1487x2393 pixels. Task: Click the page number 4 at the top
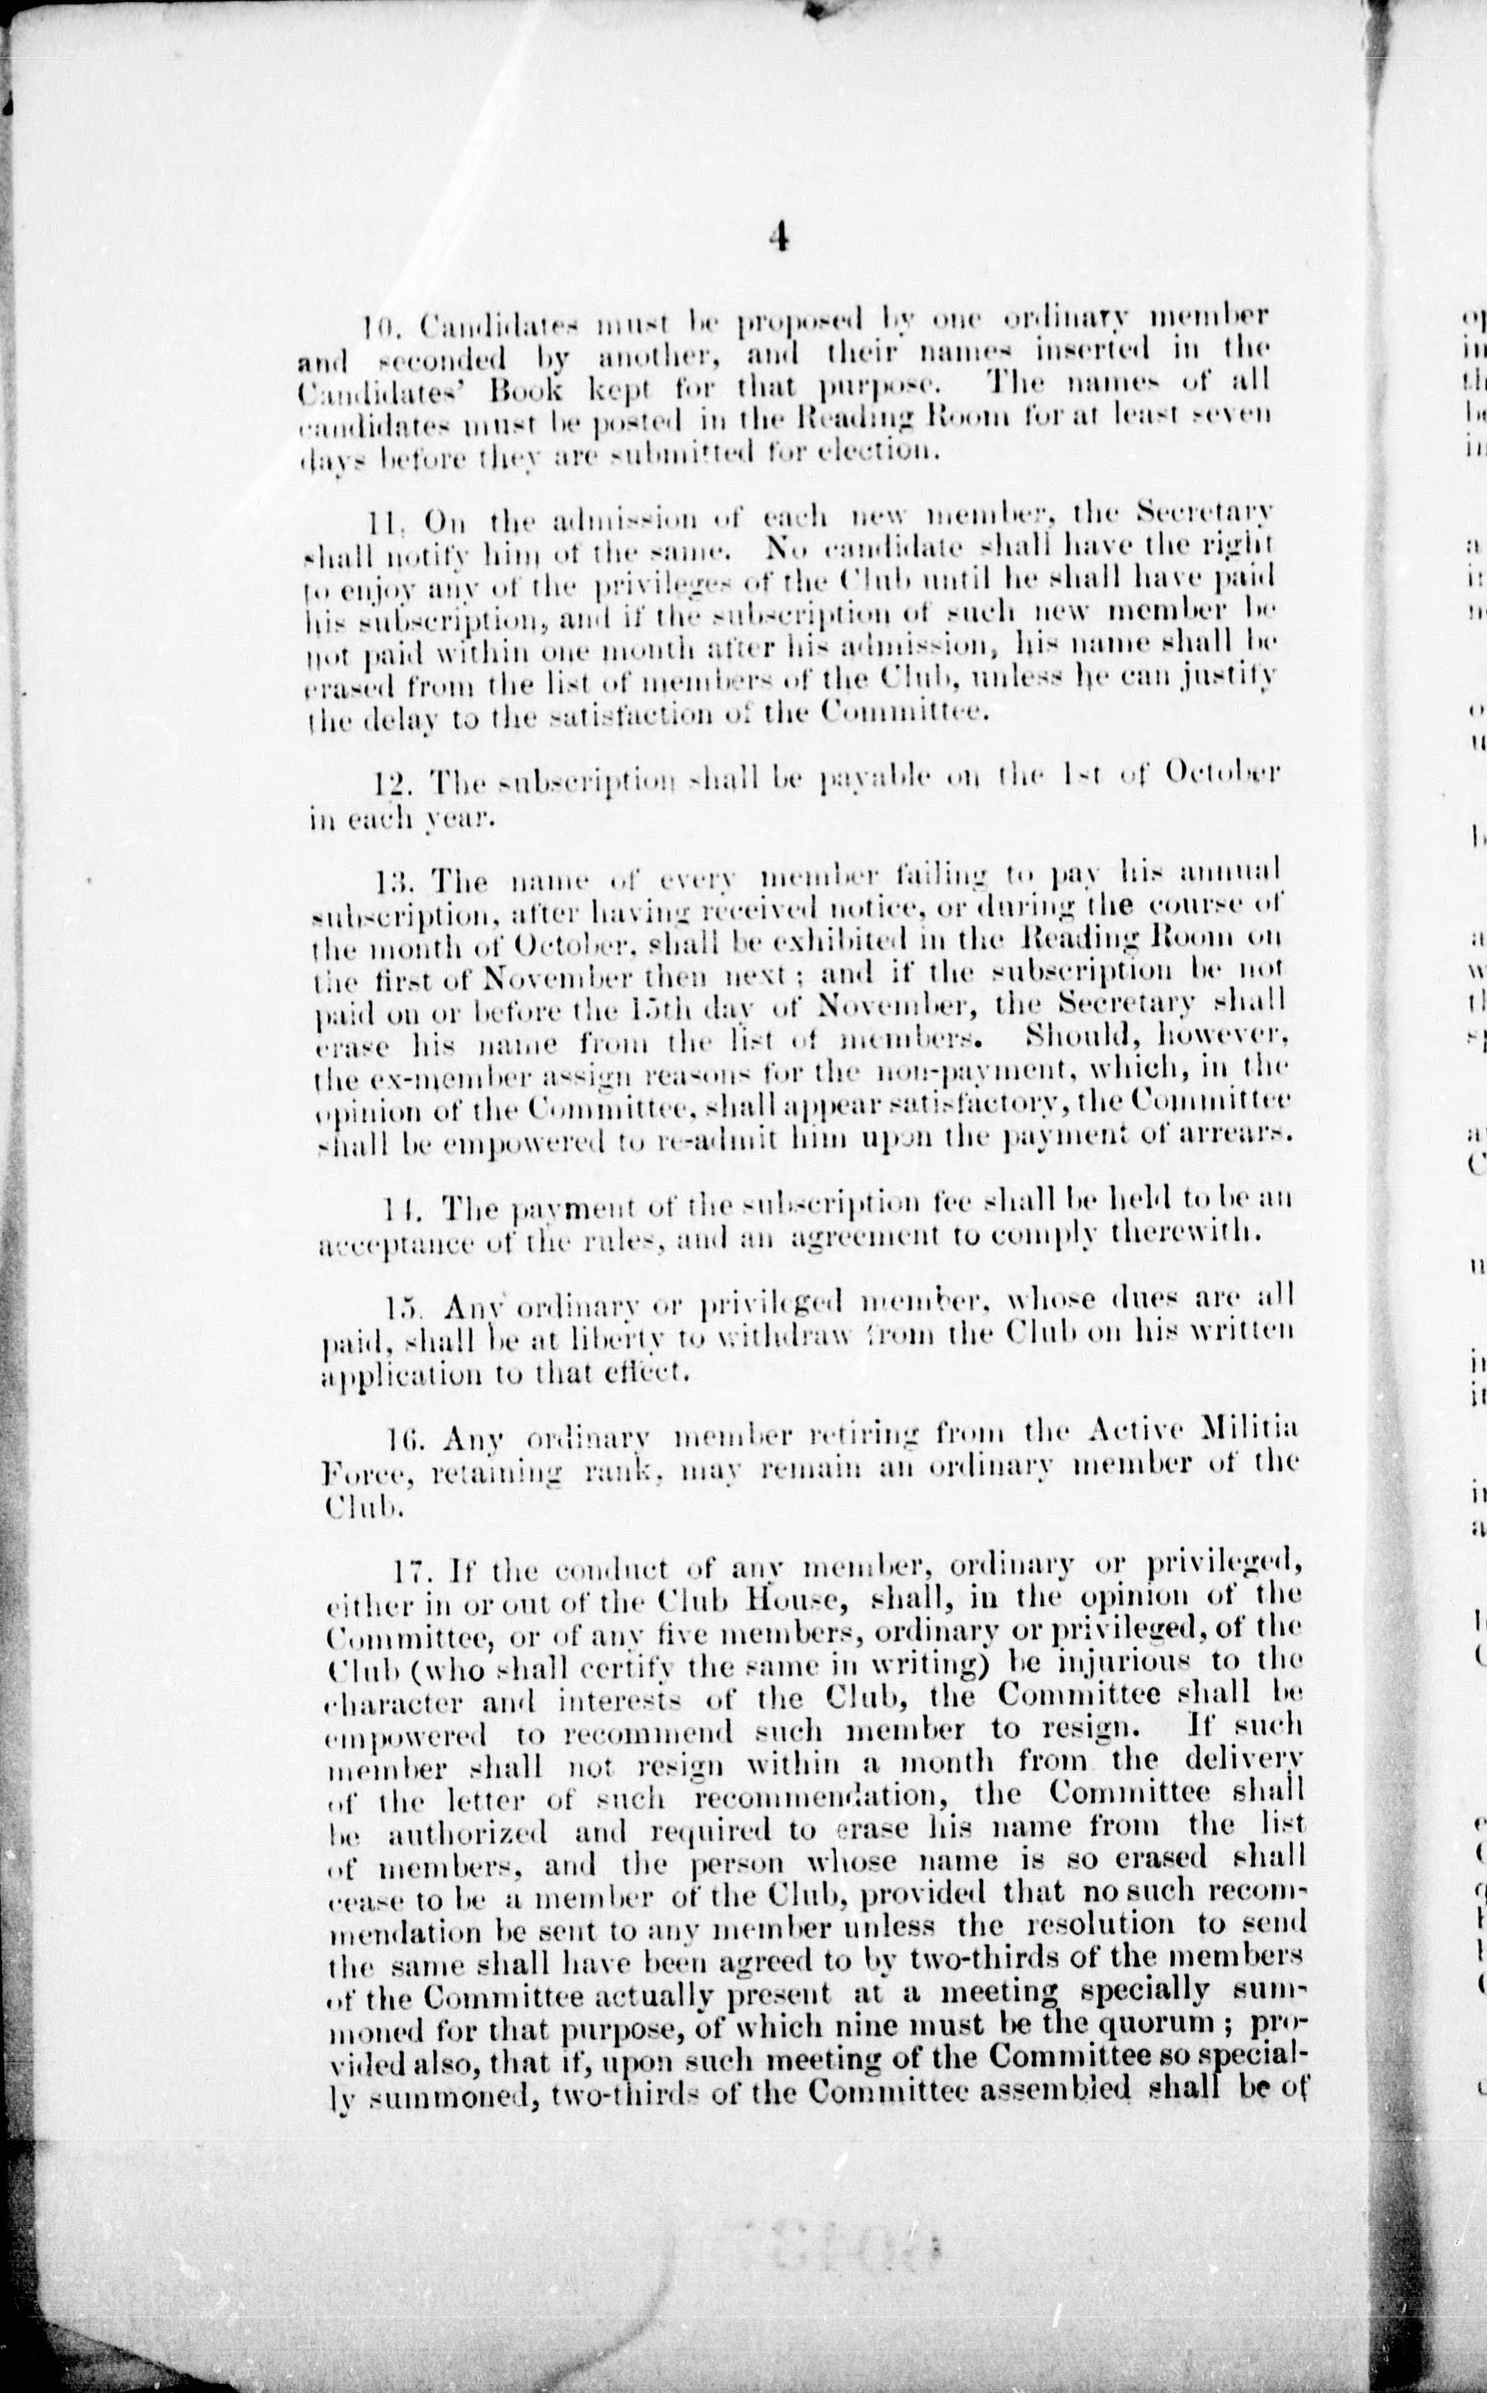coord(778,239)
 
